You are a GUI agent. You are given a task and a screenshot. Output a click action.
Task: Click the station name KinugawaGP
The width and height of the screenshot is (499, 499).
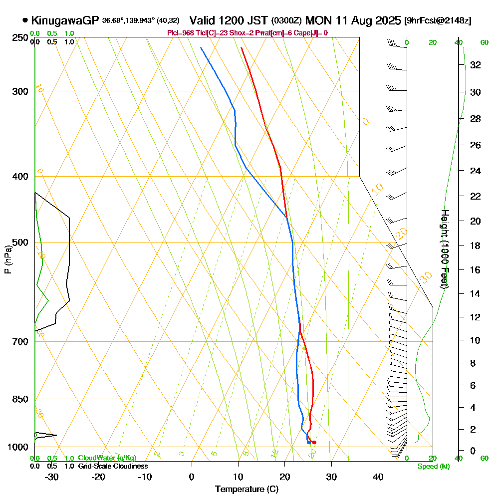point(65,20)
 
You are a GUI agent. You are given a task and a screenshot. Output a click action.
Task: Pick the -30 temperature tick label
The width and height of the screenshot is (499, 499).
point(51,477)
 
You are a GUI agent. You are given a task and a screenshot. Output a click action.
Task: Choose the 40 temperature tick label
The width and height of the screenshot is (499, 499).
point(378,477)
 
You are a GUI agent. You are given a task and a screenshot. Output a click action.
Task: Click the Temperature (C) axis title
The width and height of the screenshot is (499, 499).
point(247,490)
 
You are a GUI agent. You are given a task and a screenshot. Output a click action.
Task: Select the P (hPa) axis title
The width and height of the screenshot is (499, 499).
point(7,259)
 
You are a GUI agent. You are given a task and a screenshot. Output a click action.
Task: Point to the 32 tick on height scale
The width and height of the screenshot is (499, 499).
point(475,65)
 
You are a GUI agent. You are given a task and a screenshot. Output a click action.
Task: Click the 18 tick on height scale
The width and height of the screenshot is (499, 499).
point(475,246)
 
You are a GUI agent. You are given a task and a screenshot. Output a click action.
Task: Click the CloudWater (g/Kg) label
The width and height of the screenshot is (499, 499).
point(107,458)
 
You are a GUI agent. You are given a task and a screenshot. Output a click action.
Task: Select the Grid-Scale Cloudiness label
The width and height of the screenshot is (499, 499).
point(112,466)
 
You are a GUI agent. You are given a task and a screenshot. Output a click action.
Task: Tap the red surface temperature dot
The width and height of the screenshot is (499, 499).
point(314,443)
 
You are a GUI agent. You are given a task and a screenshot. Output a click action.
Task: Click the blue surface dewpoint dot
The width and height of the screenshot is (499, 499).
point(309,443)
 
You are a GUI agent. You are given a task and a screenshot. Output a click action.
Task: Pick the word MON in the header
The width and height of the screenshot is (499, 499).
point(316,20)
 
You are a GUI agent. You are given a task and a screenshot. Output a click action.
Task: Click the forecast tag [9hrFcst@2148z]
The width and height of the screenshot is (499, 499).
point(439,21)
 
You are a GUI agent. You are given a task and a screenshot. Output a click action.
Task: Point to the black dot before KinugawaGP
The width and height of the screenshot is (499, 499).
point(25,21)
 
